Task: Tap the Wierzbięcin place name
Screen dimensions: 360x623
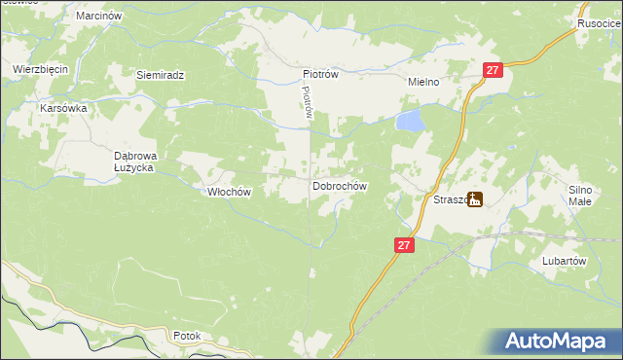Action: pos(38,70)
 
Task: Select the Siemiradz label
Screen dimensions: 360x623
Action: pos(161,75)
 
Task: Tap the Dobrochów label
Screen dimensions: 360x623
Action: pos(339,185)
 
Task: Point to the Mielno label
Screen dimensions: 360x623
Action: pos(424,83)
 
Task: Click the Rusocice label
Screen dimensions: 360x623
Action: pos(599,24)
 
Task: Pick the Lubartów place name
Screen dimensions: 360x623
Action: pos(564,262)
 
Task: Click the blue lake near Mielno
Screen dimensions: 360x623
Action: pos(411,121)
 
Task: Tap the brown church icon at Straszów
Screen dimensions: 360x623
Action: pos(474,199)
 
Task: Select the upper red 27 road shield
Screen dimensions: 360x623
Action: pos(493,70)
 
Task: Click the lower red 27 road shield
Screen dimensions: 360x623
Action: pos(406,246)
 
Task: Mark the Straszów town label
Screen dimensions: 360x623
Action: pos(449,199)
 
